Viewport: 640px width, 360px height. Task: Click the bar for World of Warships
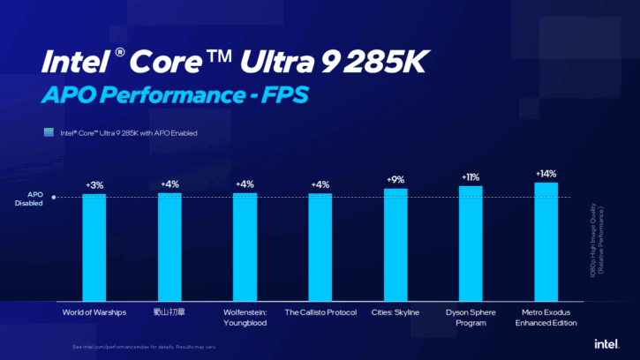point(94,246)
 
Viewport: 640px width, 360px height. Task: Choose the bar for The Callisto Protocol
point(320,246)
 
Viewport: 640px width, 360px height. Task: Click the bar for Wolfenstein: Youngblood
point(245,246)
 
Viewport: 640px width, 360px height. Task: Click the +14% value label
point(546,174)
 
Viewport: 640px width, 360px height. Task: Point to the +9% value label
point(395,180)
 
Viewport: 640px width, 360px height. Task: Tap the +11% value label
point(471,177)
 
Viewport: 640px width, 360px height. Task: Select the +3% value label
point(94,185)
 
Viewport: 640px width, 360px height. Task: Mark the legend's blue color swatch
point(50,133)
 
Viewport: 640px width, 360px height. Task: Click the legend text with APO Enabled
point(128,133)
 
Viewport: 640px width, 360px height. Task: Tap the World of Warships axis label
point(94,312)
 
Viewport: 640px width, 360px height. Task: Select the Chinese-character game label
point(169,312)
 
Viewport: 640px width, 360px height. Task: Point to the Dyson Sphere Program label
point(471,318)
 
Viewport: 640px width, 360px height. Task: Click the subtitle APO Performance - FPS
point(168,94)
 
